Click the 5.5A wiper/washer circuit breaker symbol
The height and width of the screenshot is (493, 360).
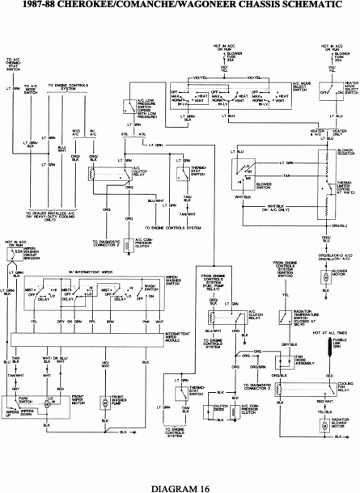click(14, 258)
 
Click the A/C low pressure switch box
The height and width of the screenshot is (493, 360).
click(130, 106)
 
